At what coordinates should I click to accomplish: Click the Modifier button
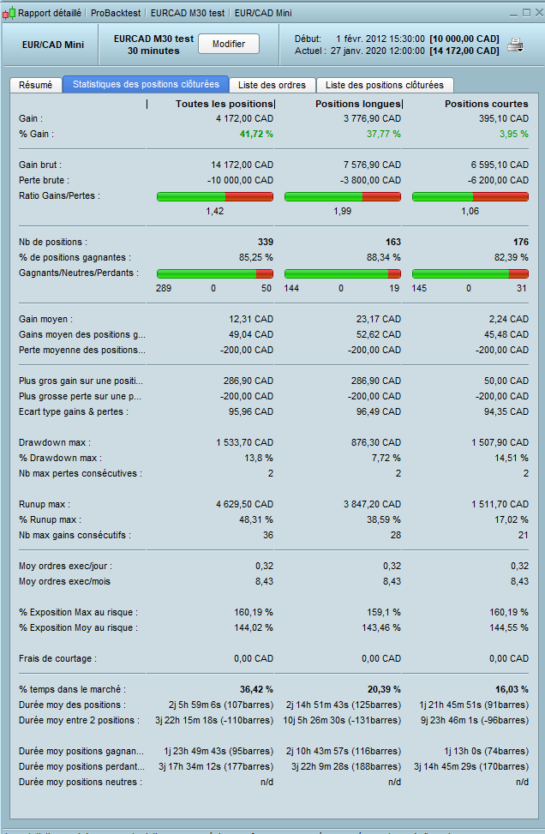coord(229,44)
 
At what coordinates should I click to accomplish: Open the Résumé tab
coord(35,85)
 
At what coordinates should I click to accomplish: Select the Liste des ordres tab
coord(271,85)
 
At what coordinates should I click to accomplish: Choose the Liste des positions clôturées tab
coord(385,85)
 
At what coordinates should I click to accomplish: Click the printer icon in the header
coord(515,45)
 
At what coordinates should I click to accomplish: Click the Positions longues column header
coord(358,104)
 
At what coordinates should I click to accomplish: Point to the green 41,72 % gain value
coord(256,134)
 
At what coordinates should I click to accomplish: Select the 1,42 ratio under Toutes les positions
coord(215,211)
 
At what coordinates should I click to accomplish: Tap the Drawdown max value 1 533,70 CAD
coord(244,442)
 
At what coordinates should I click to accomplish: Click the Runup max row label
coord(45,504)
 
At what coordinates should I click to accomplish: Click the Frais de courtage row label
coord(58,658)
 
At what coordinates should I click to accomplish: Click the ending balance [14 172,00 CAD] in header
coord(464,51)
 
